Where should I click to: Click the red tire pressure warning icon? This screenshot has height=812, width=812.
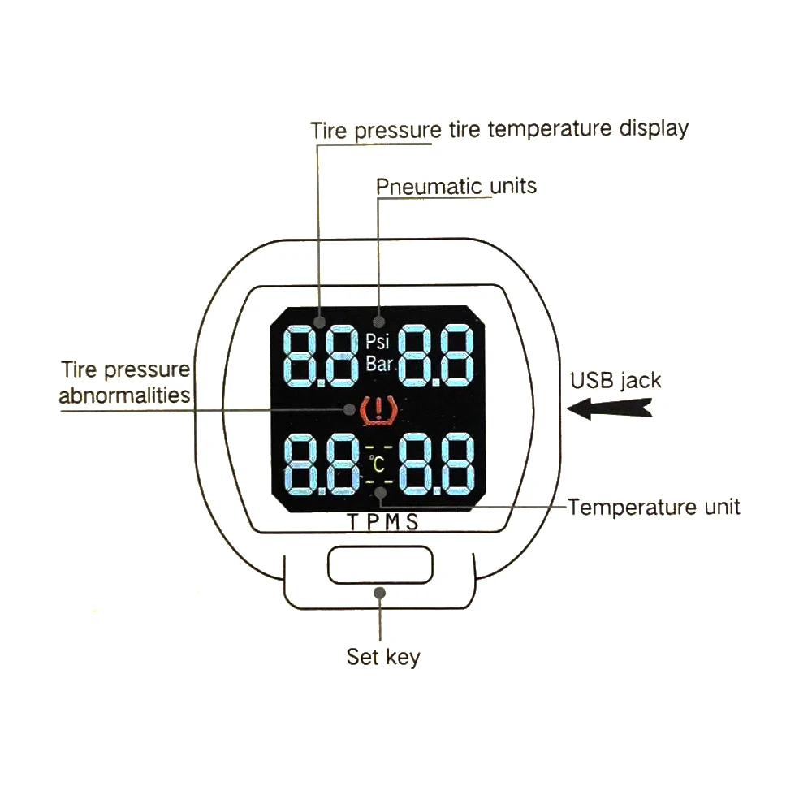click(x=378, y=411)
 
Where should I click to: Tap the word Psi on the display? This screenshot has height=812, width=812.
click(x=377, y=341)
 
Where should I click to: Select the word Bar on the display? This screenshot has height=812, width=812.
click(x=379, y=364)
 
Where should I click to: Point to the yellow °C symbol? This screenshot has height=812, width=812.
click(x=378, y=464)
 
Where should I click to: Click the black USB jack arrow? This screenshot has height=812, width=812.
click(x=610, y=408)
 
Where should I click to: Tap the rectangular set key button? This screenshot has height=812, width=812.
click(x=380, y=564)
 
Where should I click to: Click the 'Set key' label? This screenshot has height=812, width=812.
click(x=383, y=657)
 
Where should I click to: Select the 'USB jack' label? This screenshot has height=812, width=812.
click(x=615, y=381)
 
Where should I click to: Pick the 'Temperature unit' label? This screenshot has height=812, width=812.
click(x=654, y=507)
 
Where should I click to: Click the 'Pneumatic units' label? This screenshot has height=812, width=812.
click(x=456, y=186)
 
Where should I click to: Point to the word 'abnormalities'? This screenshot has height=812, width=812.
click(x=124, y=395)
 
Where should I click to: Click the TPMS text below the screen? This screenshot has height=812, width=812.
click(x=382, y=522)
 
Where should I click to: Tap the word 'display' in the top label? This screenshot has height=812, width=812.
click(x=654, y=128)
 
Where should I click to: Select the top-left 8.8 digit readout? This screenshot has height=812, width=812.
click(x=321, y=356)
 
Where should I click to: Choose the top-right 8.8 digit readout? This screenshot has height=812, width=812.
click(x=436, y=356)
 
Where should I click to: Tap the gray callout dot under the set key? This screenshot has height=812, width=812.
click(x=379, y=593)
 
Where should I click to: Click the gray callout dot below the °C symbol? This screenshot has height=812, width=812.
click(x=381, y=493)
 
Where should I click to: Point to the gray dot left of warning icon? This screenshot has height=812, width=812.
click(x=349, y=409)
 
